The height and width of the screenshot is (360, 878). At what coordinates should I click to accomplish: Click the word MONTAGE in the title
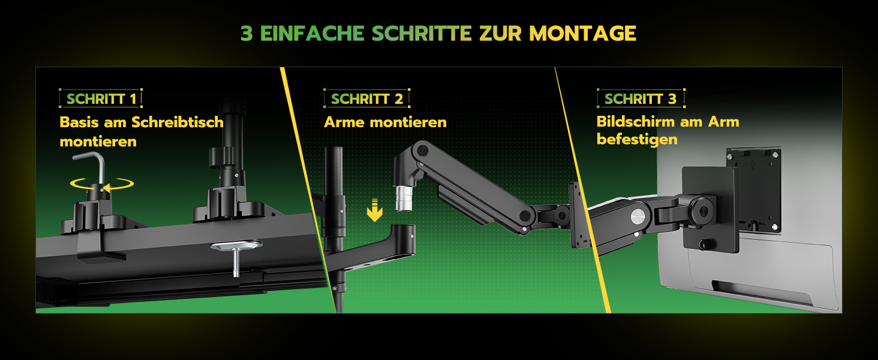click(582, 33)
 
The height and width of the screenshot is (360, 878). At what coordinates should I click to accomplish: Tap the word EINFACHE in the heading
click(312, 33)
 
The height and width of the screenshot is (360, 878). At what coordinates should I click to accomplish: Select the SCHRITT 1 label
click(101, 99)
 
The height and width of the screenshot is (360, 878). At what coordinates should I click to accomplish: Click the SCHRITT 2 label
click(367, 99)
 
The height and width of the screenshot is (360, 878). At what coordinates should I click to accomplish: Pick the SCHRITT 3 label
click(641, 99)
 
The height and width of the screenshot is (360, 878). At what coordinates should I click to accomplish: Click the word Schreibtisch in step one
click(177, 122)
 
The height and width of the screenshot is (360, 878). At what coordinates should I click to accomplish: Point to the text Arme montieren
click(385, 122)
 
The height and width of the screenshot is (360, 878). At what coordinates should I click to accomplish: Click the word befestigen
click(637, 139)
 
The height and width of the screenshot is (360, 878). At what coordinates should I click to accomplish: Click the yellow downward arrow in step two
click(375, 210)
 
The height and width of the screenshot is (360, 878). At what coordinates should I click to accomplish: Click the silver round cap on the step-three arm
click(638, 217)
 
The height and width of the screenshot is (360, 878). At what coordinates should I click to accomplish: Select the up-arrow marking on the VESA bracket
click(753, 166)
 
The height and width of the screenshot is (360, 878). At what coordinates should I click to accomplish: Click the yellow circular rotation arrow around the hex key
click(102, 184)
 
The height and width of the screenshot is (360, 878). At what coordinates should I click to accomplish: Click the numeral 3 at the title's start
click(246, 33)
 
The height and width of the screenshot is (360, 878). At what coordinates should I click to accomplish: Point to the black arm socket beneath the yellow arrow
click(404, 239)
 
